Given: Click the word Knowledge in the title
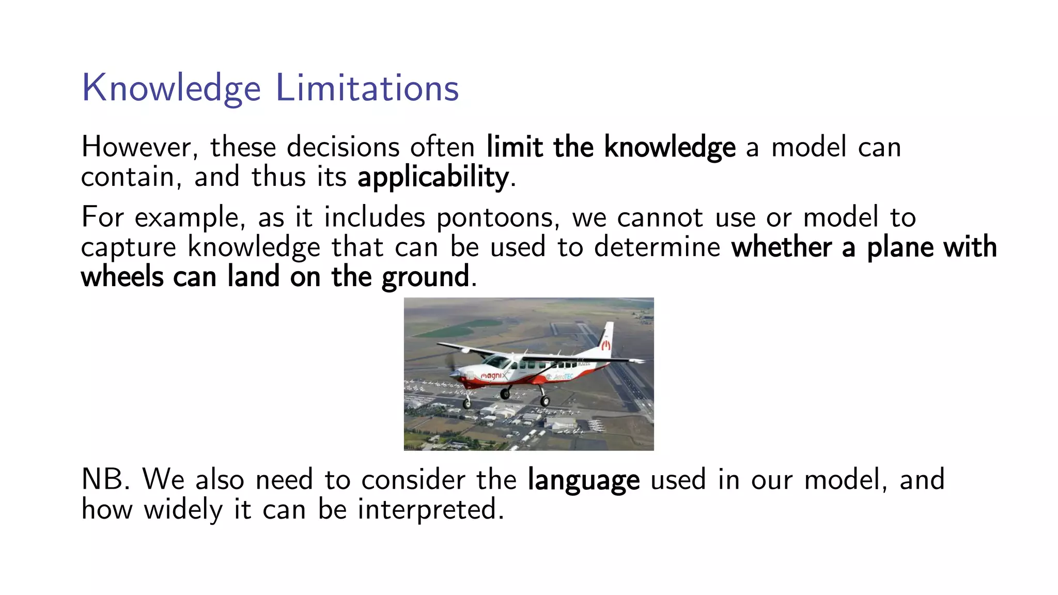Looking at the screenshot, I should (x=171, y=88).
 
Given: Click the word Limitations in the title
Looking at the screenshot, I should (x=367, y=88).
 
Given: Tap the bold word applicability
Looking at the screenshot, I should (x=433, y=177).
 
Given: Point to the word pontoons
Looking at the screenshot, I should (x=497, y=217).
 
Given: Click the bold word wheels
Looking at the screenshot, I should (x=122, y=277).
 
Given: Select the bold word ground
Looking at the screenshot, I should (x=426, y=277).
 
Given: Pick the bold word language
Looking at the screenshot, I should (x=583, y=480).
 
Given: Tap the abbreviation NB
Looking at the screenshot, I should (x=105, y=479).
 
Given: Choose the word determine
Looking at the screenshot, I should (x=657, y=247).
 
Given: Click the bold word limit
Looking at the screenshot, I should (x=514, y=147).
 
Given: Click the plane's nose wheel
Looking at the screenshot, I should (x=467, y=403).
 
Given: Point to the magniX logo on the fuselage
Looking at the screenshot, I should (x=493, y=375).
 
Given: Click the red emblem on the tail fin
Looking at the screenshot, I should (x=605, y=345).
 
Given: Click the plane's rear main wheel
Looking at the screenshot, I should (x=545, y=401).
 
